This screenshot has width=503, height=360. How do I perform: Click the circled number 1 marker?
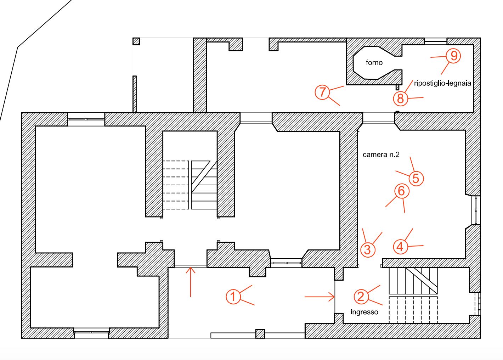coord(233,297)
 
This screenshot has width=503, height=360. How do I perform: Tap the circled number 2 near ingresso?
coord(361,297)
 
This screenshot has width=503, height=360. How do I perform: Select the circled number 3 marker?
coord(368,250)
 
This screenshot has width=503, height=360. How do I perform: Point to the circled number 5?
coord(416,179)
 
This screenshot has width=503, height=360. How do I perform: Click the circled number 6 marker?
coord(402,191)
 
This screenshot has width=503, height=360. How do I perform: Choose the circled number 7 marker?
coord(322,92)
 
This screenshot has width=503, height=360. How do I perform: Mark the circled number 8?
coord(400,99)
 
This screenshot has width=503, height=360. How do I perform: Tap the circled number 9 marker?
coord(453,56)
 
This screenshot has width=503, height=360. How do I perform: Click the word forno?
coord(374,62)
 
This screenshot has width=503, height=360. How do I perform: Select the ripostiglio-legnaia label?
coord(442,83)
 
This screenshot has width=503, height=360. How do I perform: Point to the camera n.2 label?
coord(381,154)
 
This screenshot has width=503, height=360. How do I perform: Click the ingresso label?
coord(364,312)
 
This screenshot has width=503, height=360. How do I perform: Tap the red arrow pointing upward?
coord(191,282)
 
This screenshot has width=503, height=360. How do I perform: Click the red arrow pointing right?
coord(320,297)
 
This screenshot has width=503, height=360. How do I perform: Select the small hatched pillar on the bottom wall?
coord(260,334)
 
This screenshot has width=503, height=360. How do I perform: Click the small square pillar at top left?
coord(136,41)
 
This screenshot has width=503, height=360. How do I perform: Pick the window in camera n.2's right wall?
coord(476,210)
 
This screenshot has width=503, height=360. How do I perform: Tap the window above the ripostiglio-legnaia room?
coord(435,41)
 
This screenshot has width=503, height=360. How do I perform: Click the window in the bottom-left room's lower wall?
coord(91,332)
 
